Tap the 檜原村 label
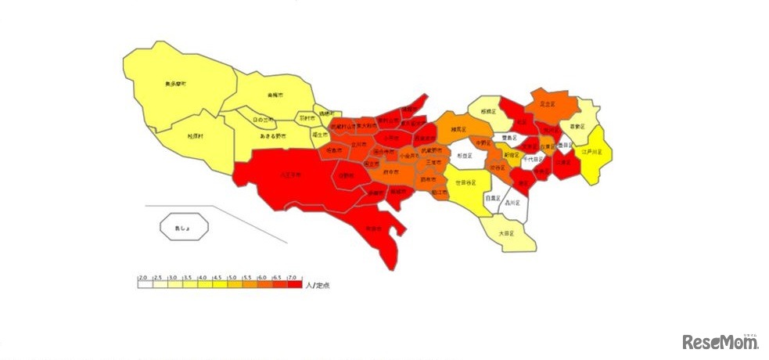[195, 135]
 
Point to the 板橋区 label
[490, 111]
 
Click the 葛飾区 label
[577, 125]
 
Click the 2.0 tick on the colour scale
[142, 278]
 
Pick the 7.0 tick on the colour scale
[292, 278]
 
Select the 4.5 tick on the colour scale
[217, 278]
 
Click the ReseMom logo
[717, 341]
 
